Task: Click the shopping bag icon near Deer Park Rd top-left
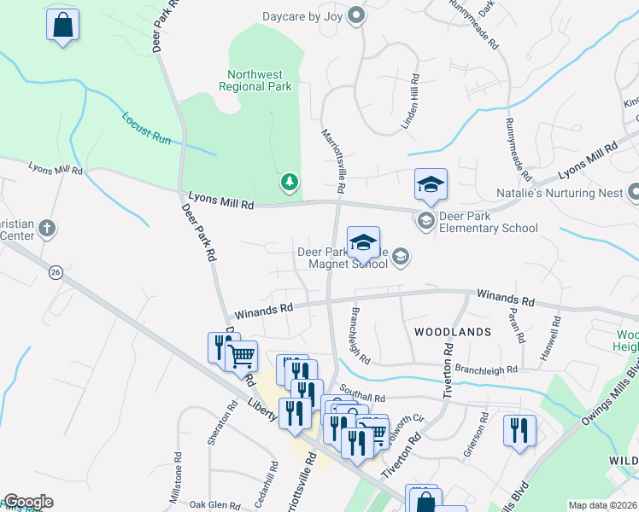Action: pyautogui.click(x=63, y=25)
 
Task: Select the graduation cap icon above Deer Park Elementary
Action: pyautogui.click(x=431, y=184)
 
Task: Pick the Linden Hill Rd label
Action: pyautogui.click(x=414, y=102)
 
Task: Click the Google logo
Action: pyautogui.click(x=27, y=502)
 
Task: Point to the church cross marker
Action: pyautogui.click(x=47, y=228)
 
